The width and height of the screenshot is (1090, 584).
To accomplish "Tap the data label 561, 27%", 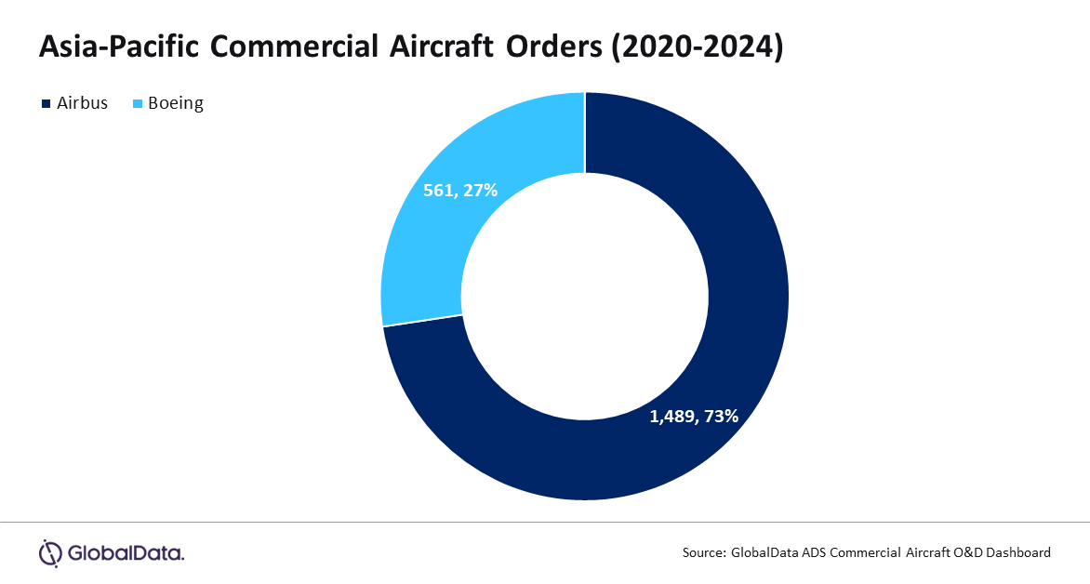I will point(460,190).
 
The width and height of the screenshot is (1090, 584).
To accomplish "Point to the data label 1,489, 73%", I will point(693,416).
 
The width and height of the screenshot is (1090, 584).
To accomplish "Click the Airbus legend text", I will point(81,103).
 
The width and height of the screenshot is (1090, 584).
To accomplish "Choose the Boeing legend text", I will point(175,103).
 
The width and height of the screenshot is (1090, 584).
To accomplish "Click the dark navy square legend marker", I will point(45,103).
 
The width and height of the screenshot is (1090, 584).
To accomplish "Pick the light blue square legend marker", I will point(139,103).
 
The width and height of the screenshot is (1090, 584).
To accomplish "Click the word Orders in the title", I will point(554,48).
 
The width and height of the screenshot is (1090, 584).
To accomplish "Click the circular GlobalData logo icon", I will point(49,553).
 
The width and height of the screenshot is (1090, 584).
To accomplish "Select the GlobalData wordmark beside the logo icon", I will point(126,554).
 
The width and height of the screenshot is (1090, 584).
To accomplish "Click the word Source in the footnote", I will point(703,552).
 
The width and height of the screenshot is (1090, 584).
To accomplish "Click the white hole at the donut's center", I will point(585,297).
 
